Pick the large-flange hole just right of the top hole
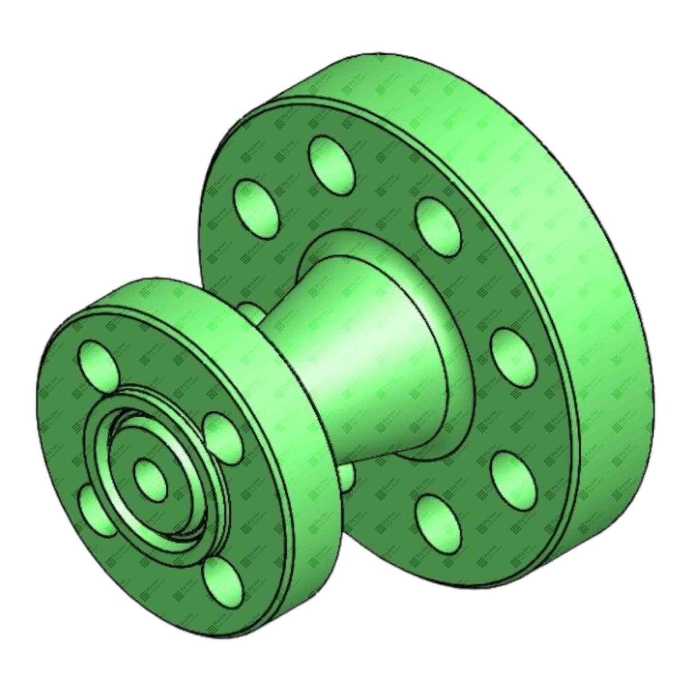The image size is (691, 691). (x=438, y=221)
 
